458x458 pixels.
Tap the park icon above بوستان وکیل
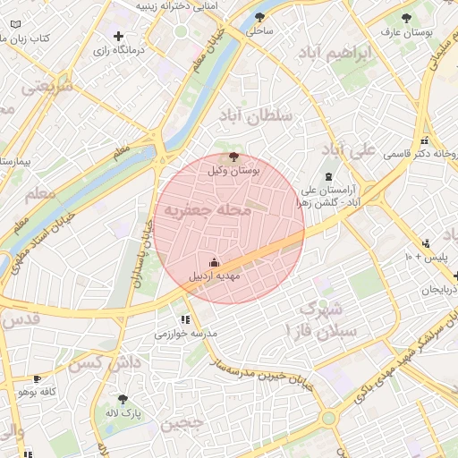[233, 157]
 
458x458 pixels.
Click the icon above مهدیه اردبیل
[214, 263]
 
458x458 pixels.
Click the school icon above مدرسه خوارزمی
[185, 319]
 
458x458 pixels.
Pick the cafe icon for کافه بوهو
[37, 379]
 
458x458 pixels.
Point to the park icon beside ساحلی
[259, 17]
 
